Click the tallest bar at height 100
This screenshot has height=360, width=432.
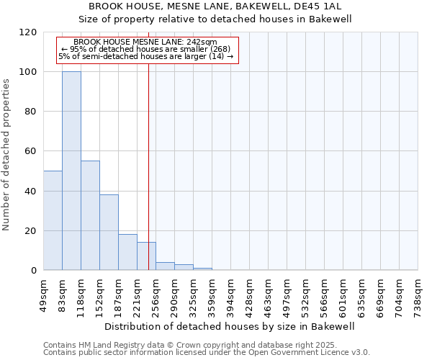pos(71,171)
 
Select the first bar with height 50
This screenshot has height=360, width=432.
pos(53,220)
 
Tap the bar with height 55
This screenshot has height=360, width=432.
pos(90,215)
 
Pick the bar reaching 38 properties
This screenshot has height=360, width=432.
pos(109,232)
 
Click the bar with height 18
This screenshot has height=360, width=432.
pos(127,252)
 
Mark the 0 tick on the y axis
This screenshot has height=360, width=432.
pos(33,271)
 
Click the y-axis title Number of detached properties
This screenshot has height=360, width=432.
pos(6,155)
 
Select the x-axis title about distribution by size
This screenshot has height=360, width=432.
pos(230,326)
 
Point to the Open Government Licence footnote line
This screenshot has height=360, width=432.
pos(207,353)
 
